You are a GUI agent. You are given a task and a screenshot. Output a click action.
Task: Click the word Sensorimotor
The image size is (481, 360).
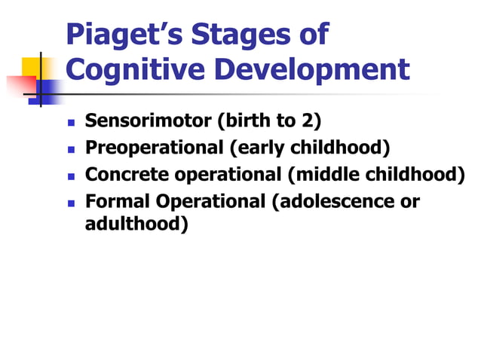click(x=147, y=121)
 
